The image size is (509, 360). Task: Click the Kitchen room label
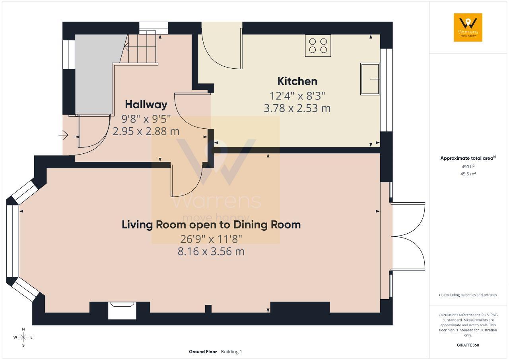pyautogui.click(x=297, y=81)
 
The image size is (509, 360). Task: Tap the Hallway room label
pyautogui.click(x=146, y=105)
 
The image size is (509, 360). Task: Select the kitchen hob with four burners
pyautogui.click(x=318, y=46)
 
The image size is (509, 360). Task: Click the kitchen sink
pyautogui.click(x=370, y=79)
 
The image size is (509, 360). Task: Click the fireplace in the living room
pyautogui.click(x=122, y=310)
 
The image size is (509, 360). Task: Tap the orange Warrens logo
pyautogui.click(x=468, y=27)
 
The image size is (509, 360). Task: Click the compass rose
pyautogui.click(x=23, y=337)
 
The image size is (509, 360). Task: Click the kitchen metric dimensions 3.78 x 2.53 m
pyautogui.click(x=297, y=108)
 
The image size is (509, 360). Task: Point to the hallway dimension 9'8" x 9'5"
pyautogui.click(x=146, y=119)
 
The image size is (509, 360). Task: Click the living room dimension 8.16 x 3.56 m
pyautogui.click(x=211, y=252)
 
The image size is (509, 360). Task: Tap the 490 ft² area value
pyautogui.click(x=468, y=166)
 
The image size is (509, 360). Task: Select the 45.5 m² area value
pyautogui.click(x=468, y=174)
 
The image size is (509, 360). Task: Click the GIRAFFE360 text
pyautogui.click(x=468, y=345)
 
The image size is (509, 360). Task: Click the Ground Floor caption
pyautogui.click(x=203, y=352)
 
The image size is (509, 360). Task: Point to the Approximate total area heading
pyautogui.click(x=468, y=158)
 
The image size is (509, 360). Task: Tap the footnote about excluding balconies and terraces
pyautogui.click(x=468, y=295)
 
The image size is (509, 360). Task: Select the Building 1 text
pyautogui.click(x=231, y=352)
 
